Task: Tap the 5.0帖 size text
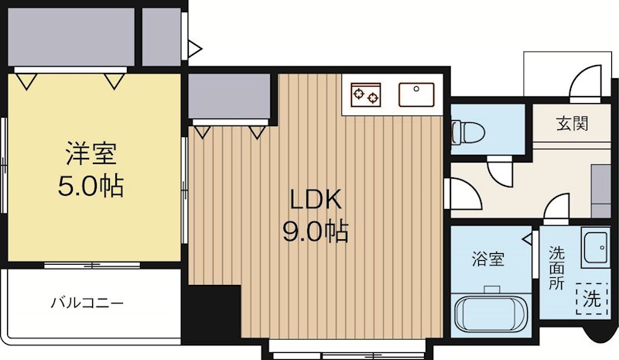(91, 187)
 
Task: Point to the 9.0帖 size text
(314, 231)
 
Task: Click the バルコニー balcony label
(87, 303)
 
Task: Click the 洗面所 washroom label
(557, 267)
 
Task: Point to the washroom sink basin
(596, 248)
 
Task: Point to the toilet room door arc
(500, 170)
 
